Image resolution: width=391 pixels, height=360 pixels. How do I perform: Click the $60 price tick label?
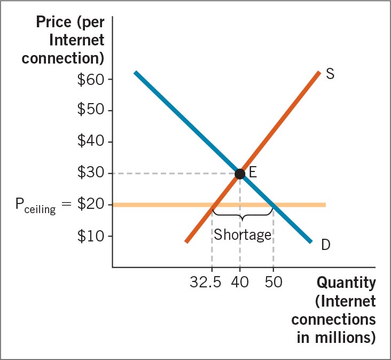91,79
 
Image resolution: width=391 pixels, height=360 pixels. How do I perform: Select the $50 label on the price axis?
91,111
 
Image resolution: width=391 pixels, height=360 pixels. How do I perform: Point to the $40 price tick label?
91,142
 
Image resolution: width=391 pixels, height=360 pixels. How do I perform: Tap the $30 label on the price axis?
91,173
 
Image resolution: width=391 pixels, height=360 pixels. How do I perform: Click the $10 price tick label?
91,236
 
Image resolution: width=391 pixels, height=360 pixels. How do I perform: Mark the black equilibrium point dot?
240,173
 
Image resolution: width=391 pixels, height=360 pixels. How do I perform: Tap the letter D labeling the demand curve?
326,245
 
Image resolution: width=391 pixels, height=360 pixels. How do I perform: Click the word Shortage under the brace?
243,235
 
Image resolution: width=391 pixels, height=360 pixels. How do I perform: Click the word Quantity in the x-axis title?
346,282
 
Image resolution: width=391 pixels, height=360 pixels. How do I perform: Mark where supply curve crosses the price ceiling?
213,205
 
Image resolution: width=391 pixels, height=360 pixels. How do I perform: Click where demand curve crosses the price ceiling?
273,205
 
